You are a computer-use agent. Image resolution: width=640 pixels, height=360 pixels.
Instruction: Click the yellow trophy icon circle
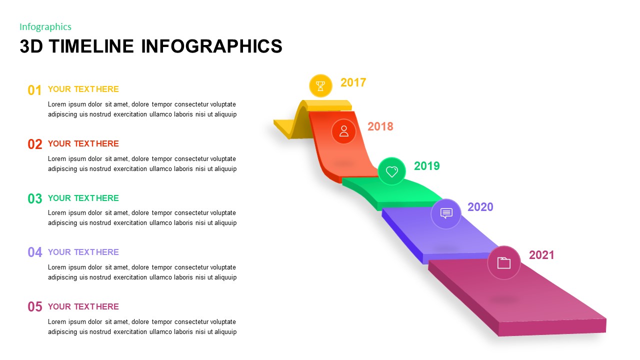320,85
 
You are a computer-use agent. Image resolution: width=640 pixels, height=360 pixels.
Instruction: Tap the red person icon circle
344,131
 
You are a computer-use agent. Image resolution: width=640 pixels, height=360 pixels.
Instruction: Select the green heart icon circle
392,171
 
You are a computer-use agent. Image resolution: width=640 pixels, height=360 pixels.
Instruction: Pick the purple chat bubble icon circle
446,213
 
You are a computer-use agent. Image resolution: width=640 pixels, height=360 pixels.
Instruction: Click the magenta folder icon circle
504,262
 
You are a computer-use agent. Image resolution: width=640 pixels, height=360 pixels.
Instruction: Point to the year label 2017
353,82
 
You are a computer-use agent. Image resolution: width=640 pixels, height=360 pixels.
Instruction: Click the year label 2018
380,126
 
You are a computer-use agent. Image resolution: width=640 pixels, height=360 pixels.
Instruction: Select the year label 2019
427,166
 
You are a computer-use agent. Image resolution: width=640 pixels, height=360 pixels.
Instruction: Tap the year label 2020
480,207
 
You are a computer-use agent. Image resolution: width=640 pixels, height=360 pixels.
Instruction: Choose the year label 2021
541,255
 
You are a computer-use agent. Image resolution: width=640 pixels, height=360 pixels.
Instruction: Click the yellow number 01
35,90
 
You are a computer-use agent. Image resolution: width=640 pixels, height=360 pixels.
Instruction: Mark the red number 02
35,144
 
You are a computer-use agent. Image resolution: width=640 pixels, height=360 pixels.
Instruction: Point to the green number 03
35,199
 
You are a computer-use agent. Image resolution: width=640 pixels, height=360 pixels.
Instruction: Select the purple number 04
35,252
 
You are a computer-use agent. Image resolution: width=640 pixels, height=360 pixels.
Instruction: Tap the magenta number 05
35,307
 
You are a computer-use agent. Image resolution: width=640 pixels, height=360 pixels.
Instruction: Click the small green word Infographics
45,27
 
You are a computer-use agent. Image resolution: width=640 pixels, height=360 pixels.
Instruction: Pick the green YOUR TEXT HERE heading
83,198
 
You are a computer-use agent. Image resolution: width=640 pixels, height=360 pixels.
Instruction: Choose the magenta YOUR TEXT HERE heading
83,306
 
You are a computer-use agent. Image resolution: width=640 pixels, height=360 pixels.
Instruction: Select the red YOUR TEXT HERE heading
83,143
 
